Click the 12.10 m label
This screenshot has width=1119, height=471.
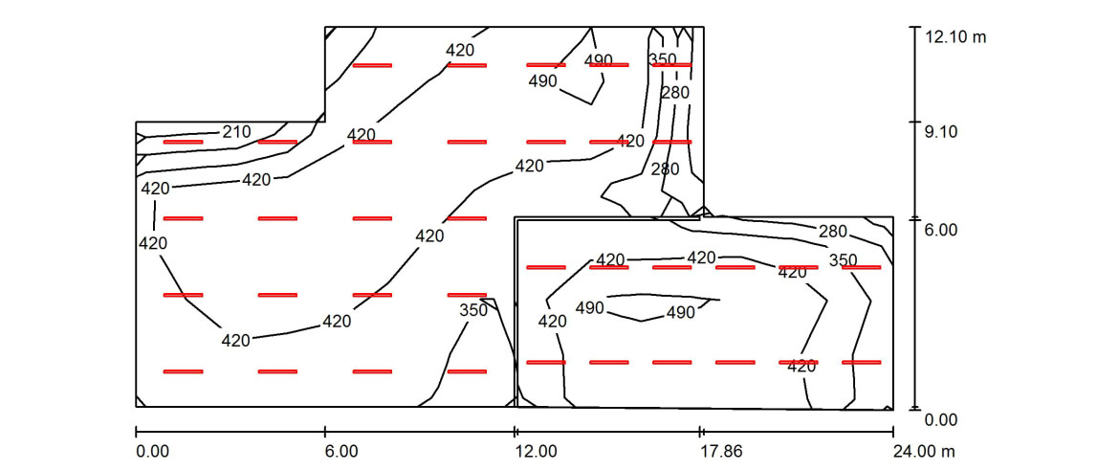pos(955,37)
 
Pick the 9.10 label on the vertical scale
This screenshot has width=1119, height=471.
pos(941,132)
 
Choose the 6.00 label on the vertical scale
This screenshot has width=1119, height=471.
pos(941,230)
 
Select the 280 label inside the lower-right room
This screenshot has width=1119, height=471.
pos(833,231)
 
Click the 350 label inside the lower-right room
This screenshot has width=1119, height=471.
pos(843,260)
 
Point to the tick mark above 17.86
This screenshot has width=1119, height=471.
pos(701,431)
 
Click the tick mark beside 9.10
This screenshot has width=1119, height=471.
pos(913,123)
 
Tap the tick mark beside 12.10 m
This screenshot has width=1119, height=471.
pos(913,27)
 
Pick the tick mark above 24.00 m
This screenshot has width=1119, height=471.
pos(893,431)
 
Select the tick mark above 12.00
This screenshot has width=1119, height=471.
pos(516,431)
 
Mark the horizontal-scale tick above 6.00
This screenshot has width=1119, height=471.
pos(325,431)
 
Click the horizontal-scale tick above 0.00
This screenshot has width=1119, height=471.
pos(136,431)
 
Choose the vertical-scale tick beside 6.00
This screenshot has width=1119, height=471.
pos(913,218)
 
